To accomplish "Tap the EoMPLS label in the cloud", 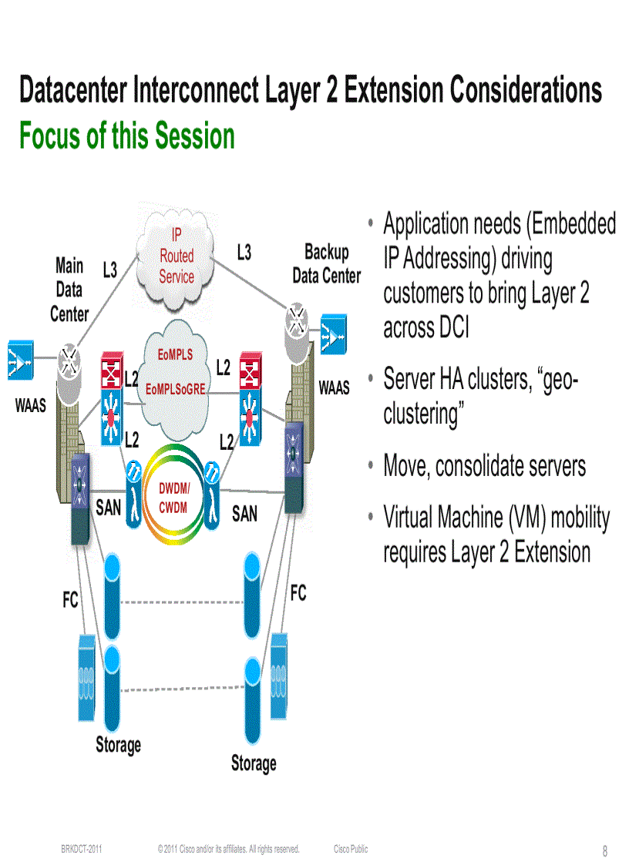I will coord(176,355).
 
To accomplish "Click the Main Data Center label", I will coord(69,290).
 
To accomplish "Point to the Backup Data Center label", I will coord(326,263).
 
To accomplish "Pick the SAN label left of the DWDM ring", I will coord(109,508).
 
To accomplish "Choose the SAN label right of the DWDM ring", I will coord(244,513).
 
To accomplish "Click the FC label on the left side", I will coord(71,600).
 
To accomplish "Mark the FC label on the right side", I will coord(298,593).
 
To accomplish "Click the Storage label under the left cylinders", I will coord(119,745).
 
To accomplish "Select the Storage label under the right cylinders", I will coord(254,763).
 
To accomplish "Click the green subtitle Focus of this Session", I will coord(127,136).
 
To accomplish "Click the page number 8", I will coord(605,851).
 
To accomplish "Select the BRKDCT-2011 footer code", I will coord(82,849).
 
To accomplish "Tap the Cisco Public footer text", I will coord(351,849).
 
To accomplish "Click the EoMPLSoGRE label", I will coord(176,389).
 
